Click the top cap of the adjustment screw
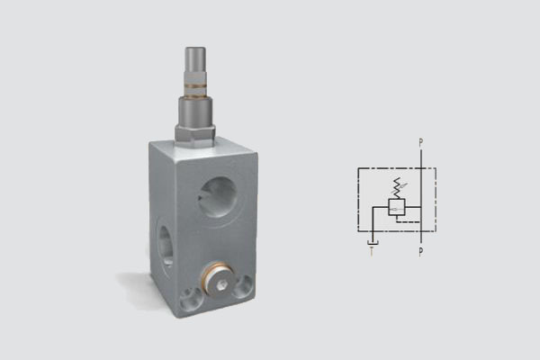tap(195, 58)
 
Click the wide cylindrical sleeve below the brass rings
tap(195, 111)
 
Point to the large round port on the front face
tap(219, 197)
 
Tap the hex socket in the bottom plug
tap(221, 283)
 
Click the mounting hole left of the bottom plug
tap(191, 298)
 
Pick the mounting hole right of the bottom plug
tap(244, 286)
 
